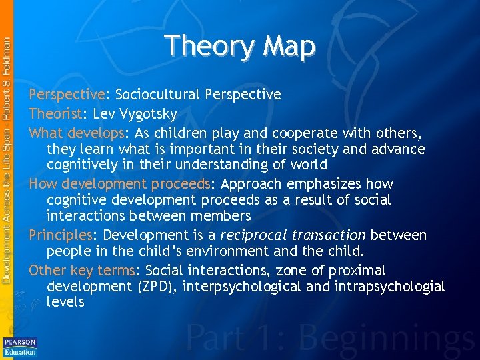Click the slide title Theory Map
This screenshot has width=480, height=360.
click(239, 46)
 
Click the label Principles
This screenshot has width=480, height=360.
click(60, 235)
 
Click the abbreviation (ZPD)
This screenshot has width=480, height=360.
click(155, 287)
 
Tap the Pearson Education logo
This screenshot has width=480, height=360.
click(20, 346)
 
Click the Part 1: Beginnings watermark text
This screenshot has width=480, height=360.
click(332, 337)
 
